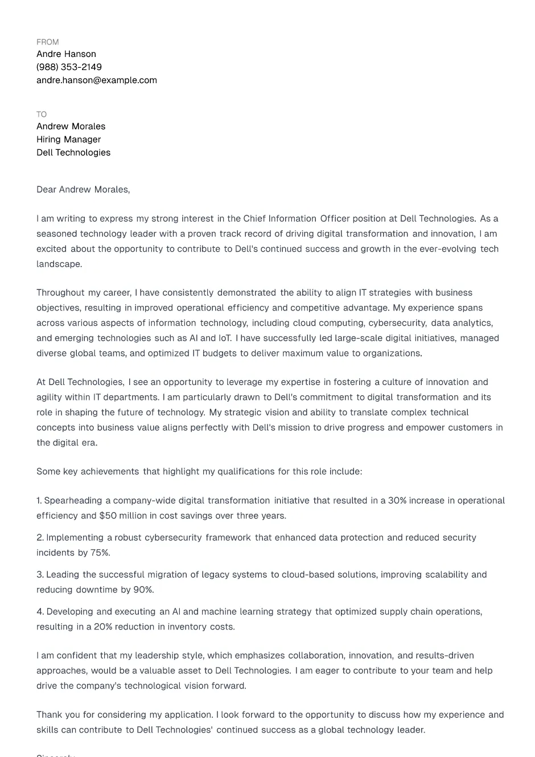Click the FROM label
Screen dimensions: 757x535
pos(47,42)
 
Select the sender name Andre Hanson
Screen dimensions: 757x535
pos(66,54)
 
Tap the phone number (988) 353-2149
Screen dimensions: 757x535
pos(69,67)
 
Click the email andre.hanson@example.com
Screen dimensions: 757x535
pos(97,80)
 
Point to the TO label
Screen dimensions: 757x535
pos(42,114)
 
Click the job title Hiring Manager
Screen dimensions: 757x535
pos(68,140)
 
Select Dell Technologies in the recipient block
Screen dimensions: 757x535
pos(73,153)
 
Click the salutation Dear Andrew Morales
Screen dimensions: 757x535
pos(83,190)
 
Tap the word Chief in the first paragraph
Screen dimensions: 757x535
pos(254,219)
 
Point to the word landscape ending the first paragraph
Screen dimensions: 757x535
pos(59,264)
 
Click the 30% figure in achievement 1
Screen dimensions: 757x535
pos(397,501)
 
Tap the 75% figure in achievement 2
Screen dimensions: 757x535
pos(100,553)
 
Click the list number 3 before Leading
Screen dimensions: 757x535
pos(40,575)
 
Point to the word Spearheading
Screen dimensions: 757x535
pos(73,501)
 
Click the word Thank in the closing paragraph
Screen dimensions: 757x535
pos(50,715)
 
